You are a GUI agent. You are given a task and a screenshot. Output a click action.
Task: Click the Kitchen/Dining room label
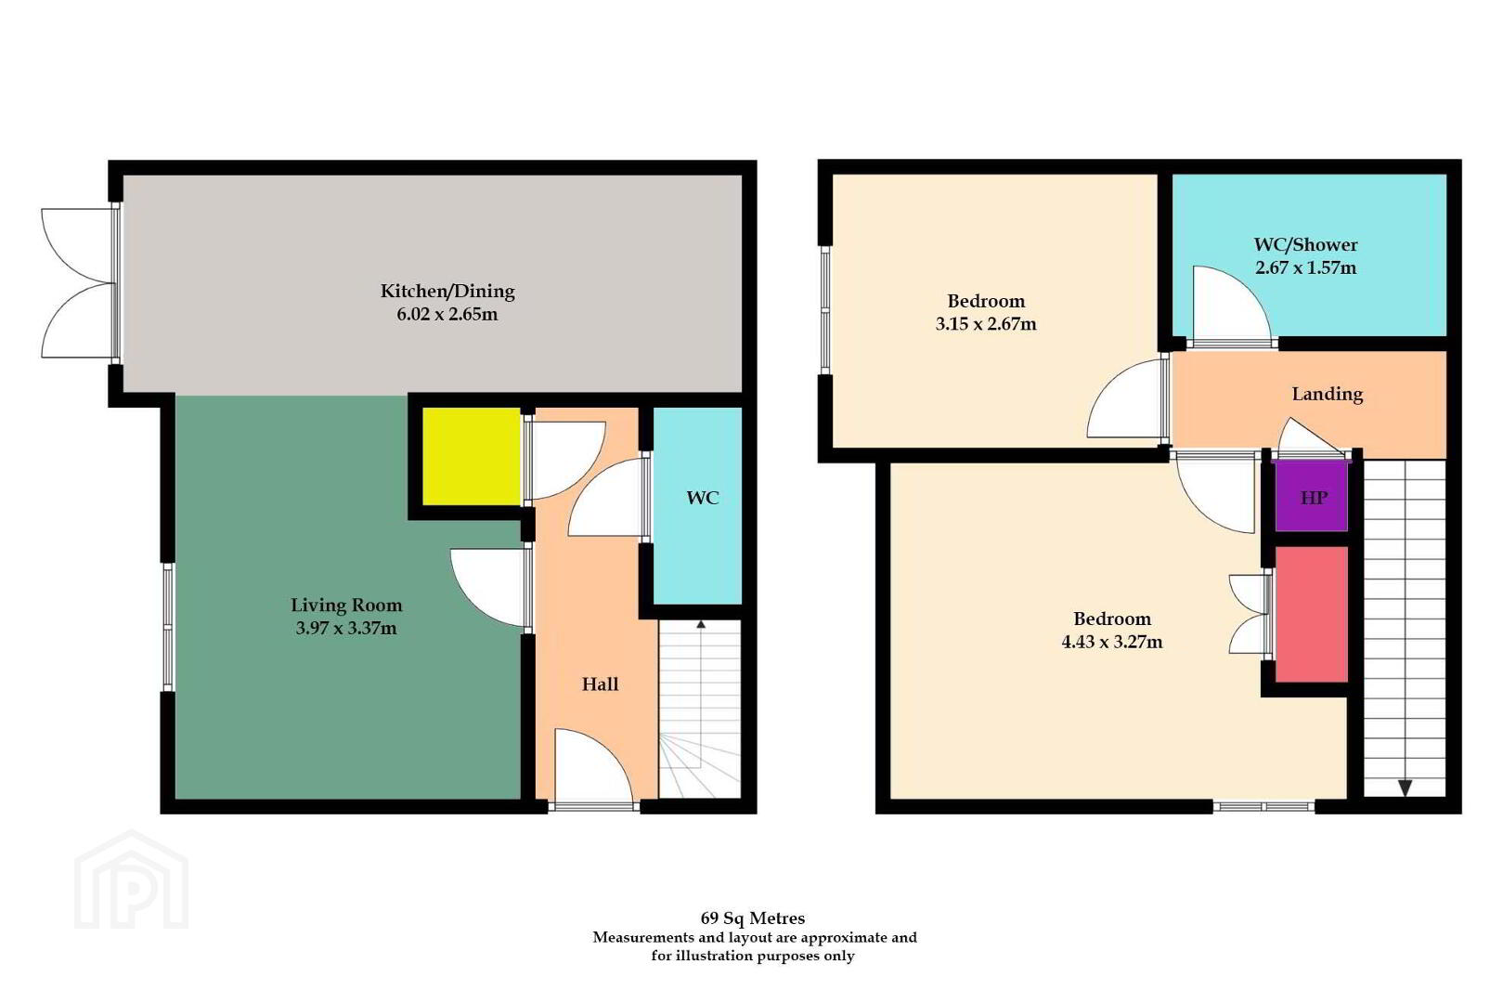447,292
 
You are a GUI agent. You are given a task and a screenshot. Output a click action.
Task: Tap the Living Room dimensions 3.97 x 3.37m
346,629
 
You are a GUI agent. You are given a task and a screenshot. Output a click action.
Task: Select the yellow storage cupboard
472,457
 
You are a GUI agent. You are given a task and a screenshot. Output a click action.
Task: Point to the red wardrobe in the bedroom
1311,614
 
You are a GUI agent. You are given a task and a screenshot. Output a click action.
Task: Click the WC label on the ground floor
703,498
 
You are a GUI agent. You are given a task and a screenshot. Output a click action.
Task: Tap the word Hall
600,684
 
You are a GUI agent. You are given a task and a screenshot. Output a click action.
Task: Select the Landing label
1328,394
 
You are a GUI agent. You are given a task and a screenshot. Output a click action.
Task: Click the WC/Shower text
1306,244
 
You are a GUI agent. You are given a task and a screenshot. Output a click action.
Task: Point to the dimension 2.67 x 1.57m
1306,267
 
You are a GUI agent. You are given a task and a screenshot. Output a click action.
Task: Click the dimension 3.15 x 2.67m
986,324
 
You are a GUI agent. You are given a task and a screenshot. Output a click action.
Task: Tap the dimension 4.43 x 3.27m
1112,642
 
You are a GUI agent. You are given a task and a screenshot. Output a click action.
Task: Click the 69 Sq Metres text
753,918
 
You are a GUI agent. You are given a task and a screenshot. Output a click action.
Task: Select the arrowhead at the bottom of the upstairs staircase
1405,788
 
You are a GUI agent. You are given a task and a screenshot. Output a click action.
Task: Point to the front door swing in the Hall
594,766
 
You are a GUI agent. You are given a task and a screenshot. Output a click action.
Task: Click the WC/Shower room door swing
1232,305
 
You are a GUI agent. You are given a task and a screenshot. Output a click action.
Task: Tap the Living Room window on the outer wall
168,627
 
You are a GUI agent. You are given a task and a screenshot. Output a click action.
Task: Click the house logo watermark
132,879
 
